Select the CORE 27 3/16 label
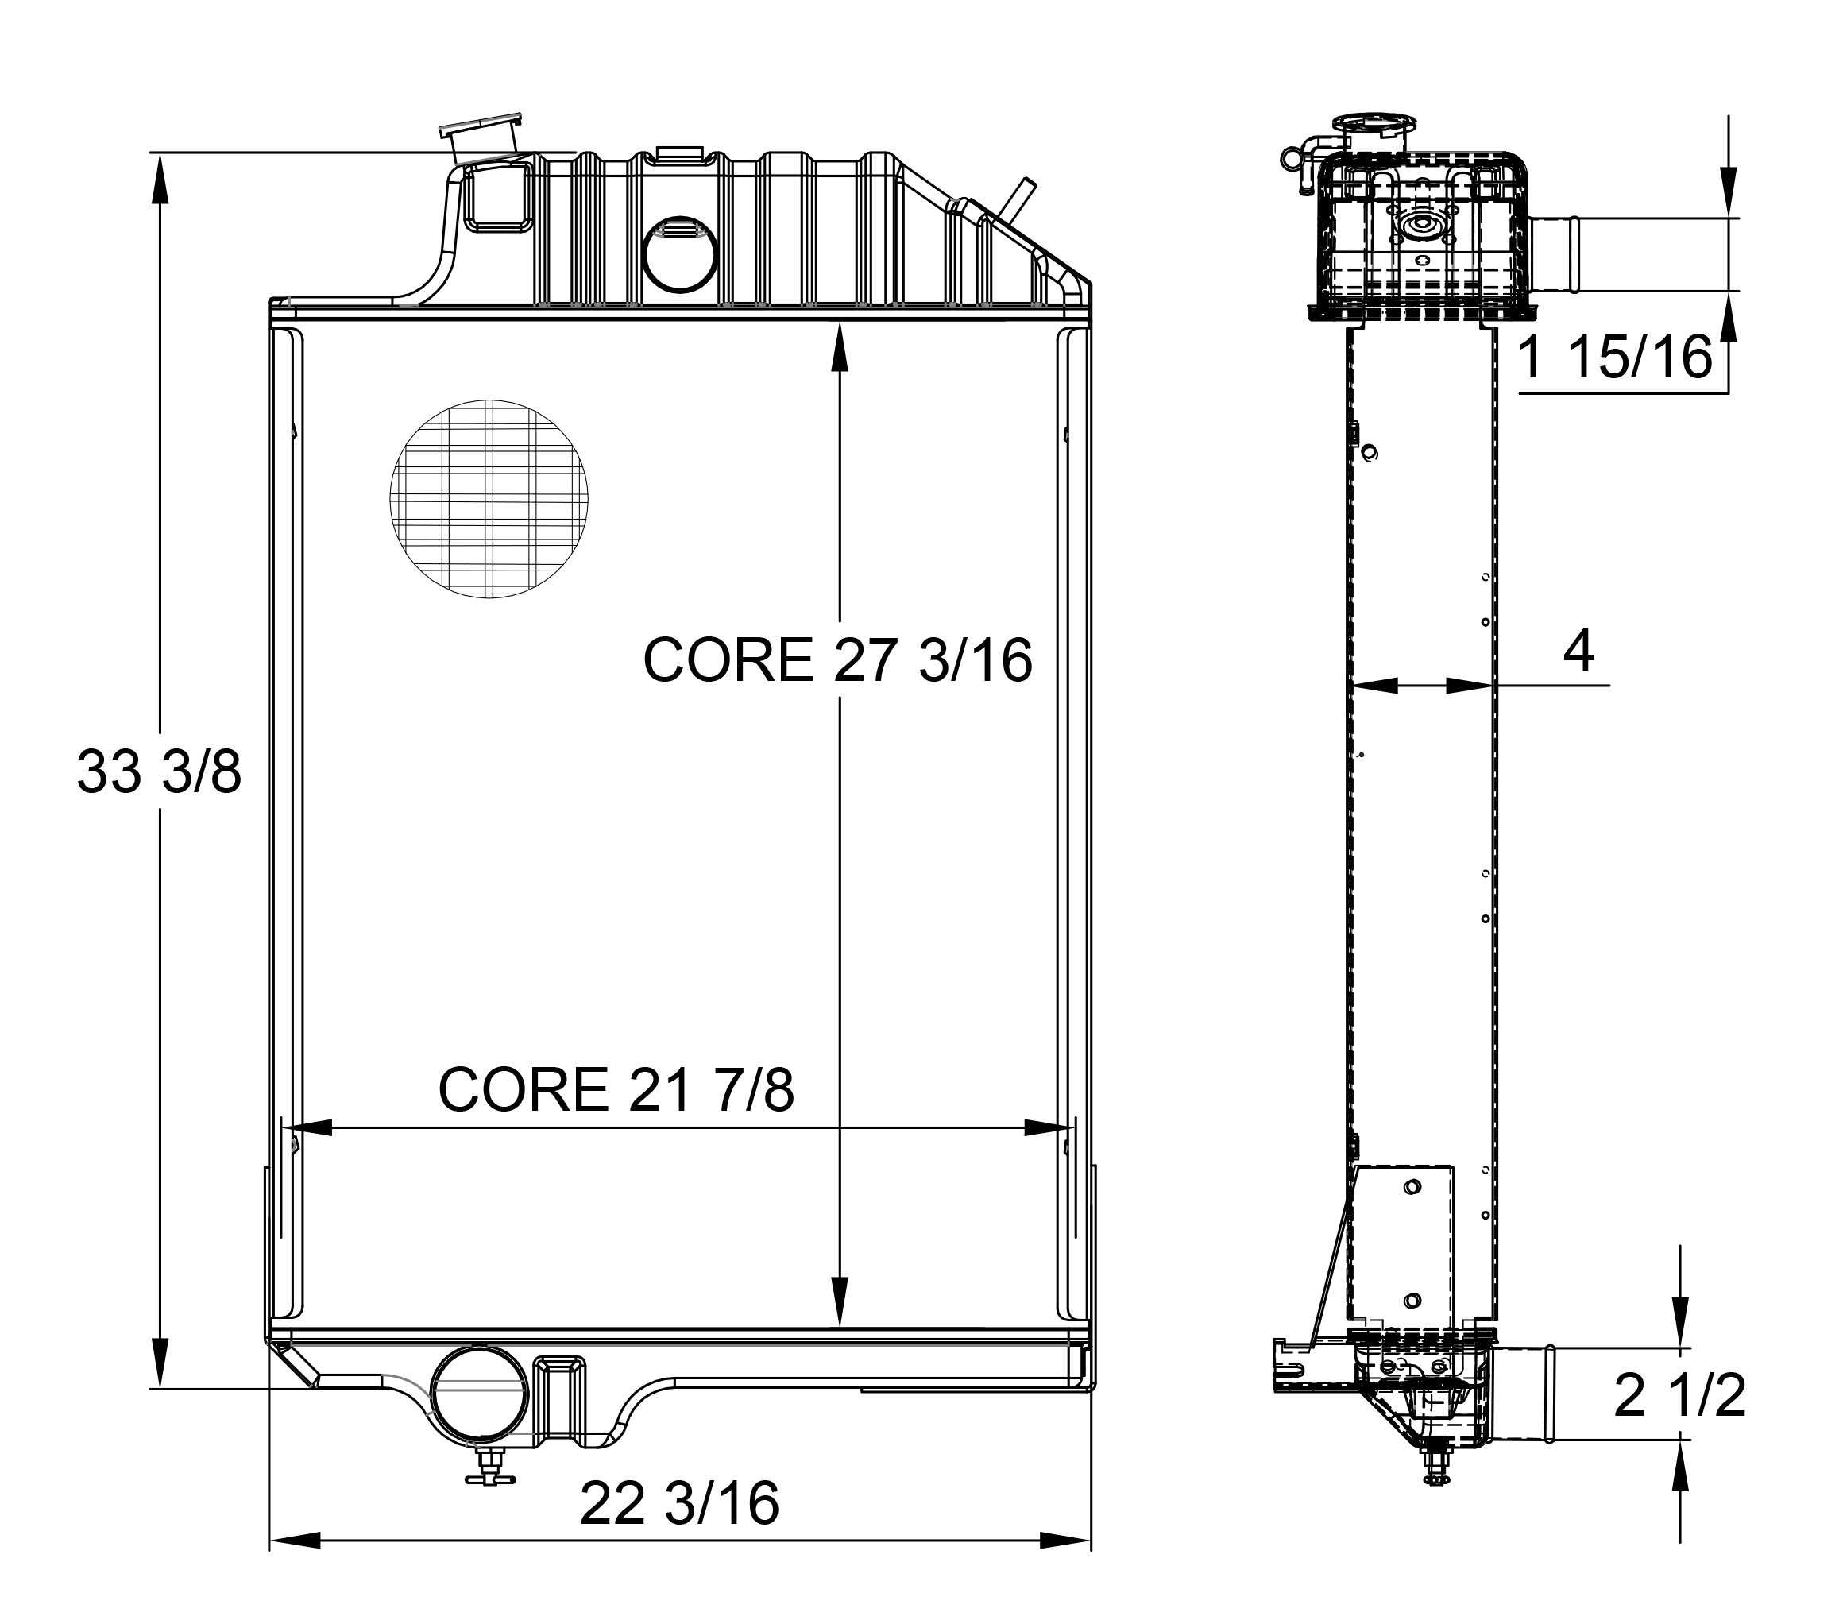(x=836, y=660)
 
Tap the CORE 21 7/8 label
(x=616, y=1089)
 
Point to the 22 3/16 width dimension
(x=679, y=1503)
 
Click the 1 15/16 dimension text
(x=1615, y=357)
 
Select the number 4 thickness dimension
(x=1578, y=649)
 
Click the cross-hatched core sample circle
(x=489, y=499)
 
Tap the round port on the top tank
(x=681, y=254)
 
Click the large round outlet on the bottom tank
(x=479, y=1393)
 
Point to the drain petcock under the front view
(x=489, y=1475)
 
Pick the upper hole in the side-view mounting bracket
(x=1412, y=1188)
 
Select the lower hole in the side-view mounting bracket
(x=1412, y=1301)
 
